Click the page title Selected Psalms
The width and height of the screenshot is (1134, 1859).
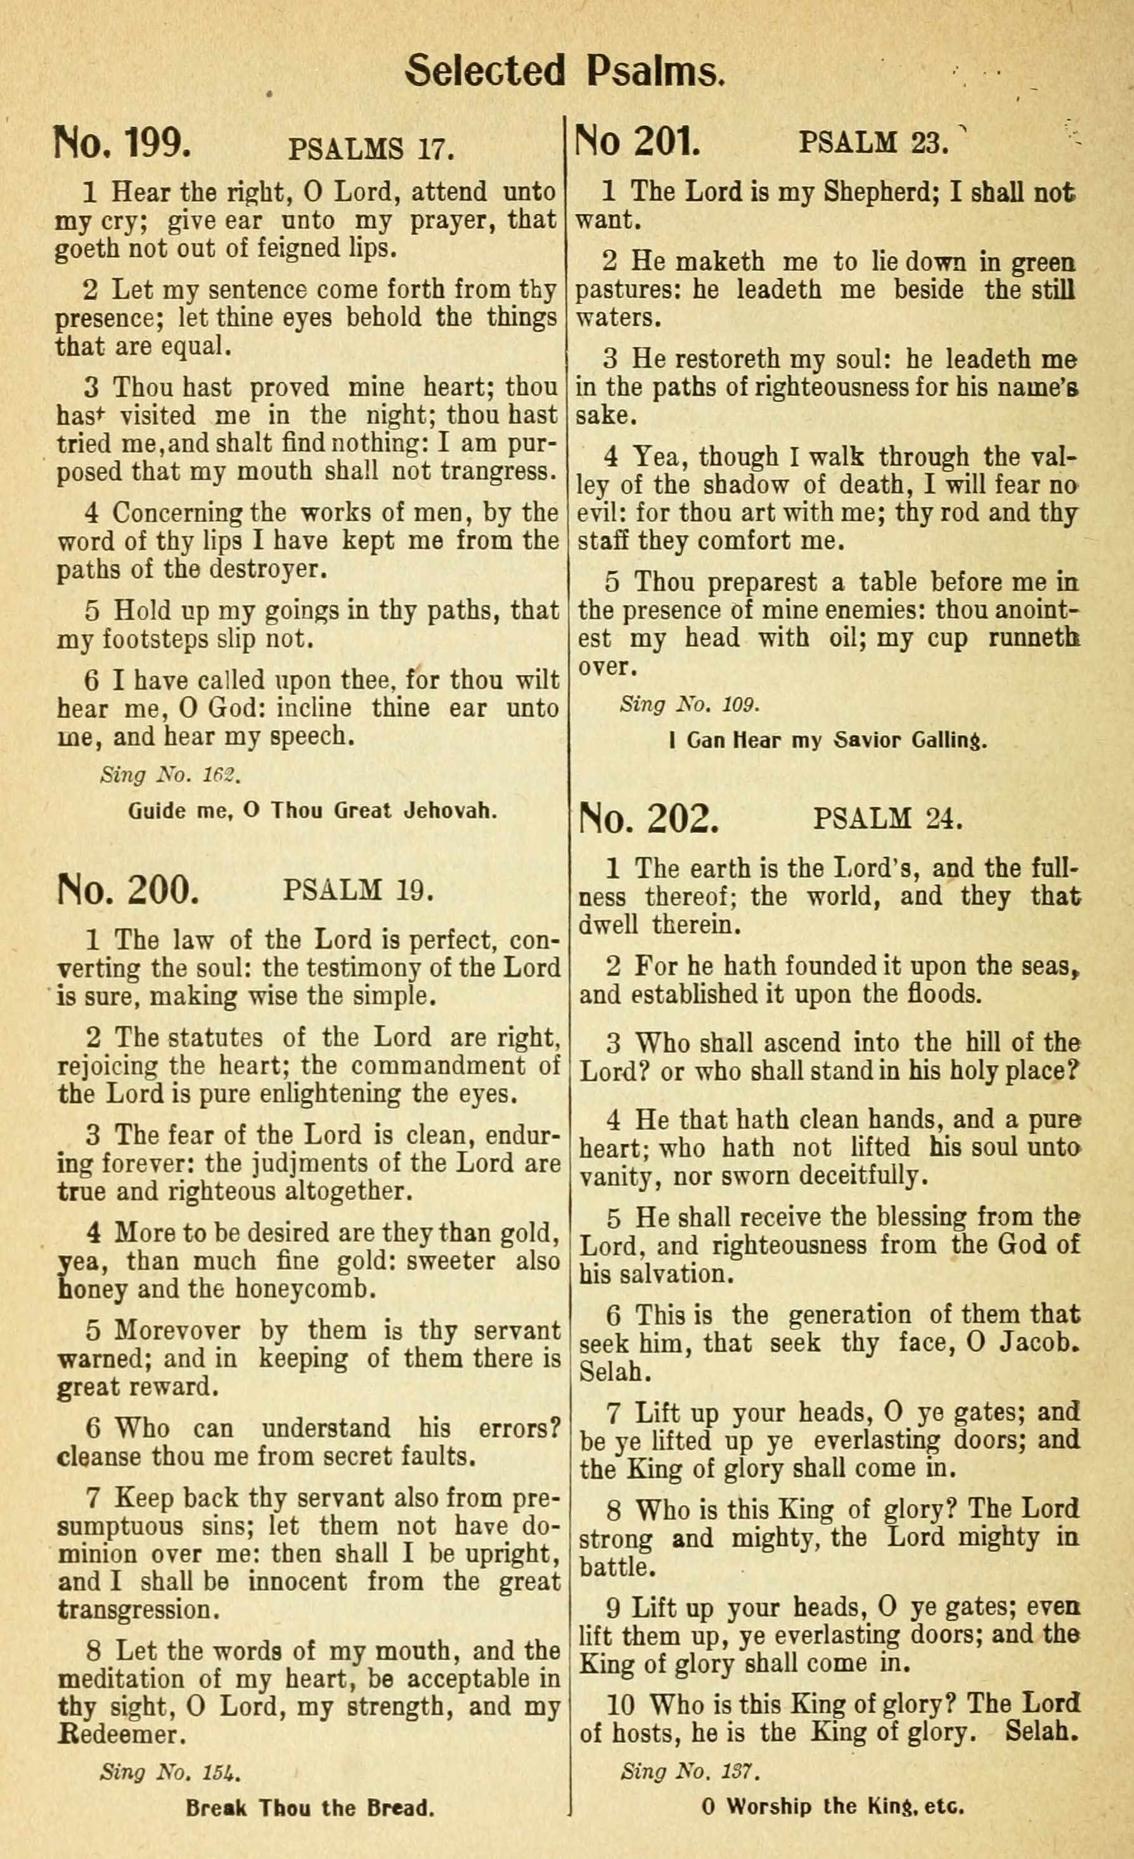(565, 72)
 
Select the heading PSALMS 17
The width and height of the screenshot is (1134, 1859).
(371, 148)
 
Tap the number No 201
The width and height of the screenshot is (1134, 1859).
(638, 140)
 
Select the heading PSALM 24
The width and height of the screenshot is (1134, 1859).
(887, 819)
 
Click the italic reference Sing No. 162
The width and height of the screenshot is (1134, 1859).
(170, 775)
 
